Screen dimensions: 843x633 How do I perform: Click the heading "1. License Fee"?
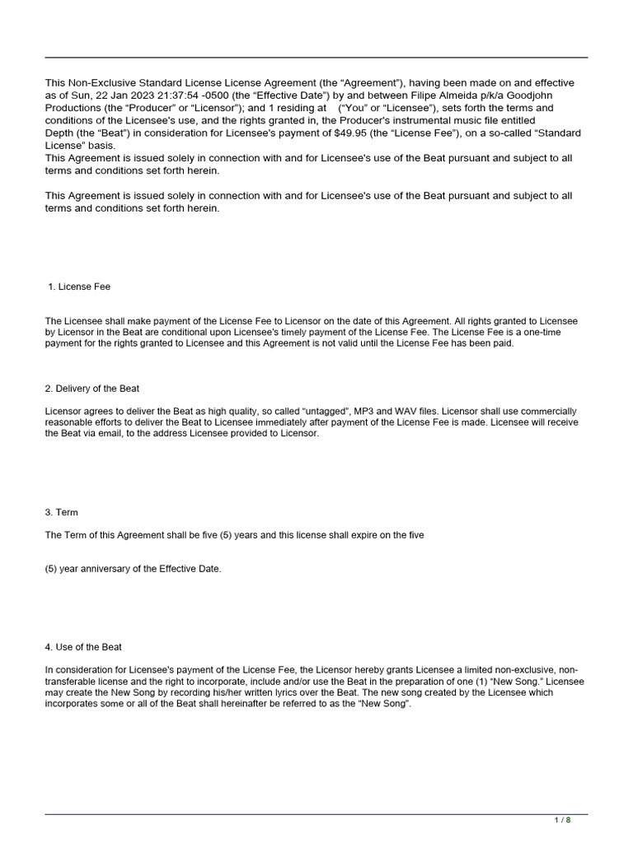click(x=80, y=286)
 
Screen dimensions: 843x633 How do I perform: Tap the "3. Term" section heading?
click(x=61, y=512)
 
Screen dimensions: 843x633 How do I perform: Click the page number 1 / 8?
click(x=563, y=820)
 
